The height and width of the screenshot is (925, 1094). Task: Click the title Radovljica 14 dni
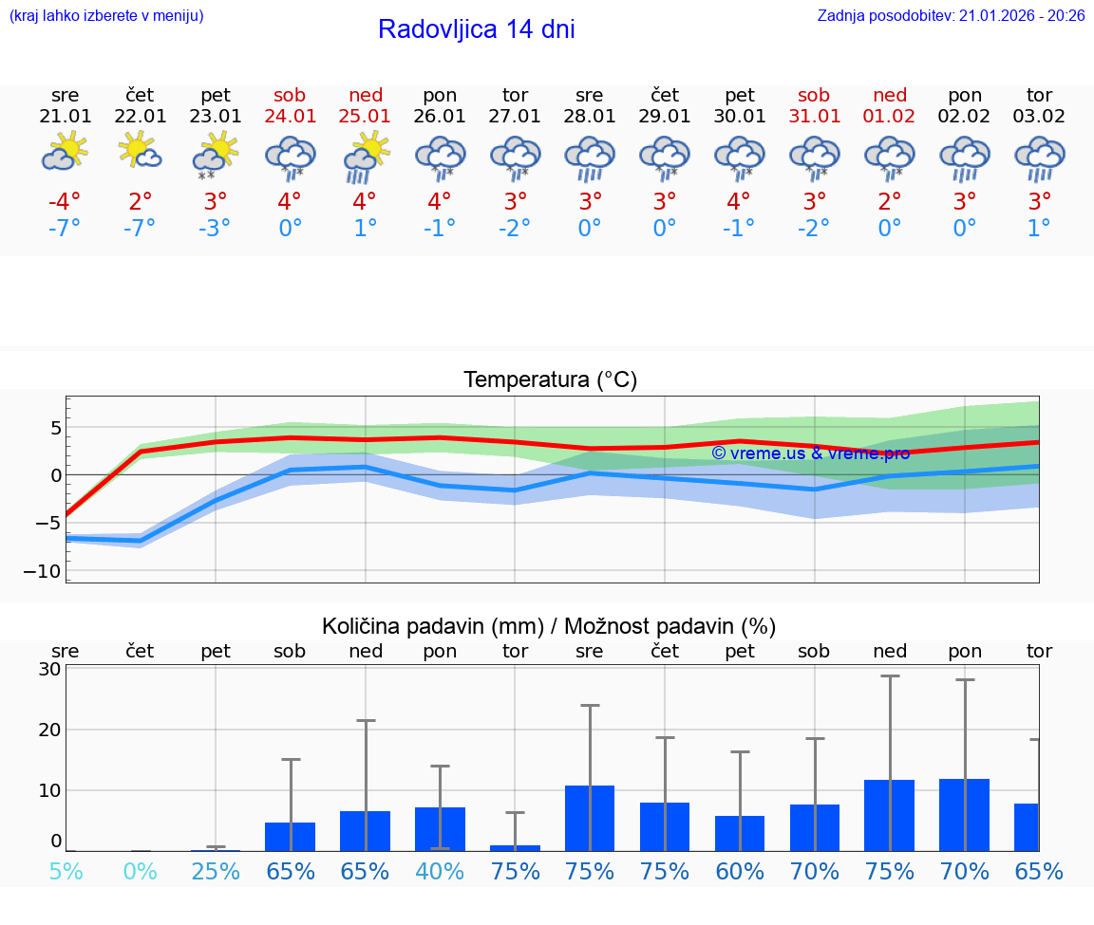coord(476,29)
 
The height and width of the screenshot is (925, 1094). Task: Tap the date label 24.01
coord(290,116)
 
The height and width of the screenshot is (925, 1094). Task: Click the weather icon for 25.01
coord(365,157)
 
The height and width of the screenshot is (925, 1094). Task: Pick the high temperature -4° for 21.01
coord(65,202)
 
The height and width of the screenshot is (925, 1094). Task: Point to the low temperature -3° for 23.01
coord(215,229)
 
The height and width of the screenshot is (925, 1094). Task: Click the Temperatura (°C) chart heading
coord(550,380)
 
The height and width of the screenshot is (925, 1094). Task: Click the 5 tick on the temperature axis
coord(55,428)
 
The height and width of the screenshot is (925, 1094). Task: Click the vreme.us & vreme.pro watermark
coord(810,453)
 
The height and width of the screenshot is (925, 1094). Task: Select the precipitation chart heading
coord(549,626)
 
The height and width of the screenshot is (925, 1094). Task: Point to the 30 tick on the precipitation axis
coord(50,669)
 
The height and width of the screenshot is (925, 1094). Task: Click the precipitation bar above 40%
coord(440,828)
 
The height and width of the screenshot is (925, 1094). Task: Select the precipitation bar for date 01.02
coord(889,815)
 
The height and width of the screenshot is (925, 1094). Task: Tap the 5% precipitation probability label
coord(65,871)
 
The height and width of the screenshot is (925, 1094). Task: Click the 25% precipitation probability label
coord(215,871)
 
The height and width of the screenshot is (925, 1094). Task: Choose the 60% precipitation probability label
coord(739,871)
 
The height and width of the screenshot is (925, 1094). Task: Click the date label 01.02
coord(890,116)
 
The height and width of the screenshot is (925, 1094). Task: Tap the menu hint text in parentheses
coord(105,15)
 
